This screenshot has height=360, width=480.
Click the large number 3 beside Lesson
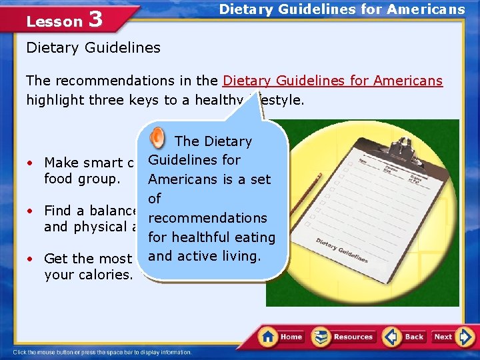(95, 19)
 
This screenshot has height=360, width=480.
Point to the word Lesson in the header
(54, 21)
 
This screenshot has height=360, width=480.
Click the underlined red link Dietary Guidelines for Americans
(333, 81)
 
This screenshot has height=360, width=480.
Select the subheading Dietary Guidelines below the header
(93, 47)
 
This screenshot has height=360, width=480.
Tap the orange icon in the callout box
(158, 137)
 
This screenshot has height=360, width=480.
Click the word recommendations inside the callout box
(207, 218)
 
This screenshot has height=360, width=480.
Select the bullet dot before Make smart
(31, 163)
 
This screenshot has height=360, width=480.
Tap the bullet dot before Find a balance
(31, 211)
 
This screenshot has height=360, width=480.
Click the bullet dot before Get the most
(31, 259)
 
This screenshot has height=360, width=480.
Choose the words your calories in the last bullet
(89, 275)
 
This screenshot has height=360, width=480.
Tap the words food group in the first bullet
(82, 179)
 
